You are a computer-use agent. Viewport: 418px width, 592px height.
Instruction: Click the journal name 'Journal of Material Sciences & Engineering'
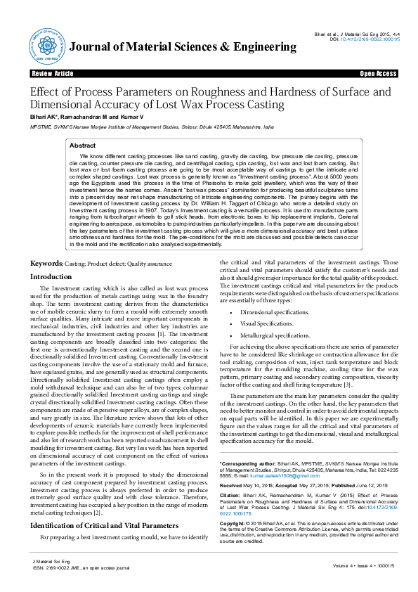point(183,47)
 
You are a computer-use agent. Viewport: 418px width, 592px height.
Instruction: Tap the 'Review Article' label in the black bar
point(52,73)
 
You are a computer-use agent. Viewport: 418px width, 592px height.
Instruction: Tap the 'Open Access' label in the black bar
point(378,73)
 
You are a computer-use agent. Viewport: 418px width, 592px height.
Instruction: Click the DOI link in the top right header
point(377,39)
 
